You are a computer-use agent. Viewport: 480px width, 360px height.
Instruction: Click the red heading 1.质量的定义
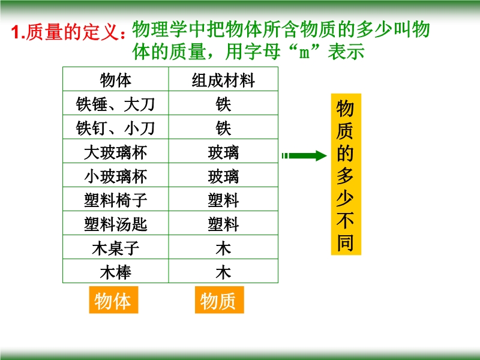pos(68,32)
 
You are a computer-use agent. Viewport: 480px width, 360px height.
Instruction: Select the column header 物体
pos(116,80)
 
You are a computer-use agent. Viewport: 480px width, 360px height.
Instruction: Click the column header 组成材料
pos(223,80)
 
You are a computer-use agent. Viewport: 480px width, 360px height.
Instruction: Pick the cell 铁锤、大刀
pos(116,104)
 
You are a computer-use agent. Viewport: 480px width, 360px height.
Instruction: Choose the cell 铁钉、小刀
pos(116,128)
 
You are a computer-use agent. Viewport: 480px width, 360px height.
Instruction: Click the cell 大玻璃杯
pos(116,152)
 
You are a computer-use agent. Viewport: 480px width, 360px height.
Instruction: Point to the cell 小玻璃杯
pos(116,176)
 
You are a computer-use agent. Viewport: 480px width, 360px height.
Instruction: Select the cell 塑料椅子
pos(116,200)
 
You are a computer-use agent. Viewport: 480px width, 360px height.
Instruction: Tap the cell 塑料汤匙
pos(116,224)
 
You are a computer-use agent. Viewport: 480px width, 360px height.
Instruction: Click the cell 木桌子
pos(116,248)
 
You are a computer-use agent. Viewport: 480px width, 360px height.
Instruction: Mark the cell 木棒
pos(116,272)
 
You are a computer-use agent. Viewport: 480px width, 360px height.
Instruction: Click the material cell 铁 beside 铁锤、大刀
pos(223,104)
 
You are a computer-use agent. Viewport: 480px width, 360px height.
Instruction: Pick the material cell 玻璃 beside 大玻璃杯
pos(223,152)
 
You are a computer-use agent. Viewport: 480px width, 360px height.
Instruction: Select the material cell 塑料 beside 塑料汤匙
pos(223,224)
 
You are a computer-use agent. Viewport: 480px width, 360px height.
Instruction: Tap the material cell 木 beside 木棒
pos(223,272)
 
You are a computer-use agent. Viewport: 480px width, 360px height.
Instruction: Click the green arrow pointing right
pos(304,156)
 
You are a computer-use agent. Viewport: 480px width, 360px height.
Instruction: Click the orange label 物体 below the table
pos(113,300)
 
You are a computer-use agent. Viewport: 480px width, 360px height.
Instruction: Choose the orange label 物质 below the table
pos(220,300)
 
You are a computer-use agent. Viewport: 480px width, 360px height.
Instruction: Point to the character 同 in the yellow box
pos(346,242)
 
